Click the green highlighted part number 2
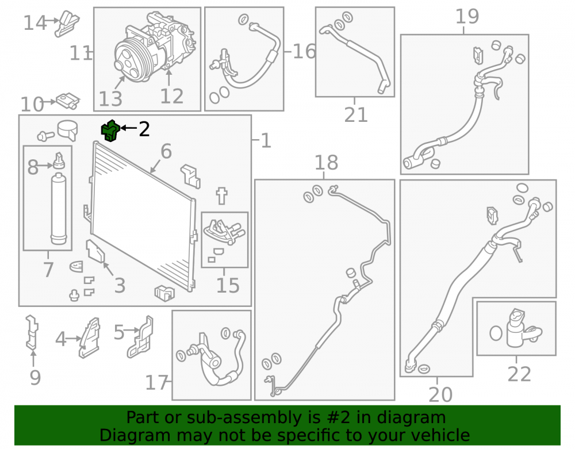pyautogui.click(x=110, y=131)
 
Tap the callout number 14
pyautogui.click(x=35, y=23)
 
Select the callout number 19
pyautogui.click(x=467, y=17)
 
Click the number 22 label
pyautogui.click(x=519, y=374)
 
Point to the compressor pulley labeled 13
pyautogui.click(x=131, y=59)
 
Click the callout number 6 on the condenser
pyautogui.click(x=166, y=151)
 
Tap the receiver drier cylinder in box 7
pyautogui.click(x=59, y=209)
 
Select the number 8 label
pyautogui.click(x=33, y=167)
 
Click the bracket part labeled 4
pyautogui.click(x=90, y=337)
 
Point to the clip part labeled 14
pyautogui.click(x=67, y=24)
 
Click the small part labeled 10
pyautogui.click(x=68, y=101)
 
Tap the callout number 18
pyautogui.click(x=327, y=162)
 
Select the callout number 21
pyautogui.click(x=356, y=115)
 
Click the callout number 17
pyautogui.click(x=156, y=383)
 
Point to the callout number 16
pyautogui.click(x=304, y=51)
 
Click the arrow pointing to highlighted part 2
pyautogui.click(x=128, y=128)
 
